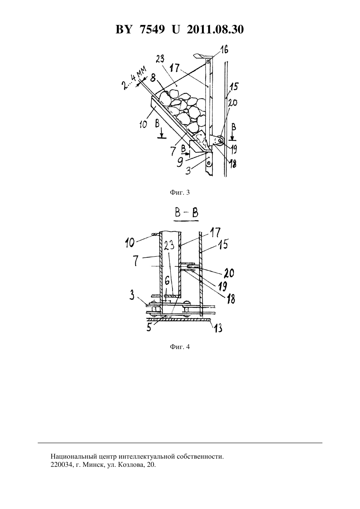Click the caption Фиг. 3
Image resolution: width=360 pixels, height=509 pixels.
[180, 193]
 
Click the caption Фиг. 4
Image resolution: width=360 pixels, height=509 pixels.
[180, 347]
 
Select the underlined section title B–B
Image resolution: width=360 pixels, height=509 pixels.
[186, 214]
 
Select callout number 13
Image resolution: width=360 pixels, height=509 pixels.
[218, 328]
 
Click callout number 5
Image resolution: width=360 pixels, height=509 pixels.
[149, 327]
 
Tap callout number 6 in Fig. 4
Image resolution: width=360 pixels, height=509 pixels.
[167, 282]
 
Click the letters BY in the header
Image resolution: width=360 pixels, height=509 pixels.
[124, 29]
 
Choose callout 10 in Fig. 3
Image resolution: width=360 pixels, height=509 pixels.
[143, 124]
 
